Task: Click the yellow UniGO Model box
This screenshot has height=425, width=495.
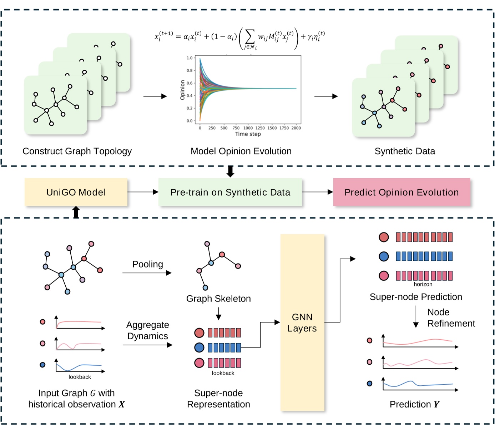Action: pos(76,192)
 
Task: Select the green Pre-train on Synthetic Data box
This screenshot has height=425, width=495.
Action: pos(230,192)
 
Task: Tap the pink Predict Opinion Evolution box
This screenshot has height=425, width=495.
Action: pos(401,192)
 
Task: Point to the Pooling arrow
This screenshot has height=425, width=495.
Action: pos(147,273)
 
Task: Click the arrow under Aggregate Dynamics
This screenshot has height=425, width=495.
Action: pos(147,345)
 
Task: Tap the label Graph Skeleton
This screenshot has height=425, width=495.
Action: pos(218,299)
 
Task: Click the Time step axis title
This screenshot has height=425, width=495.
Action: pos(248,134)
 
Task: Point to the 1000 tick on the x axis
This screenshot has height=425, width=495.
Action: pos(248,128)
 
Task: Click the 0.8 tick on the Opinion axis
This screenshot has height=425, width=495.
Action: pos(190,70)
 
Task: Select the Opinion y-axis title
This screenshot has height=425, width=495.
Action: pos(182,90)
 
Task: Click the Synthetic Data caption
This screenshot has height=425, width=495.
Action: pos(405,151)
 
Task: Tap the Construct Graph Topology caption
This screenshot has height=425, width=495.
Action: pos(77,151)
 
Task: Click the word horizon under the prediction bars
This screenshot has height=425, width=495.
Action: pos(423,284)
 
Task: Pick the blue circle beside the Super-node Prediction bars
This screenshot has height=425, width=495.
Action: pos(384,256)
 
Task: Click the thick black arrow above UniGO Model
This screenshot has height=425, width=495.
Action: pos(76,212)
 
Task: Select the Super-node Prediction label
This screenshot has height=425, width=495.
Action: pos(416,297)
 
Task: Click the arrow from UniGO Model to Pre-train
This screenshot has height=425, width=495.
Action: pos(143,192)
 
